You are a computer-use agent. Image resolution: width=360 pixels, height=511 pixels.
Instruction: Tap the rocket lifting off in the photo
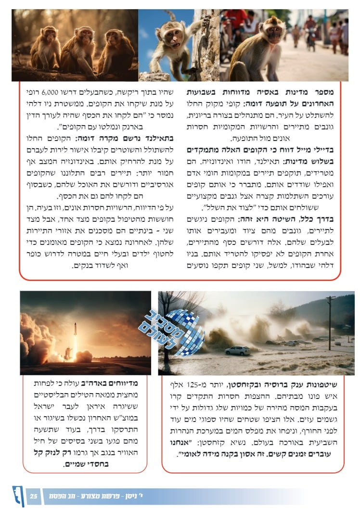click(75, 337)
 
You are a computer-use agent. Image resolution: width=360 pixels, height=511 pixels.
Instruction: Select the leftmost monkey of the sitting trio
click(45, 48)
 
